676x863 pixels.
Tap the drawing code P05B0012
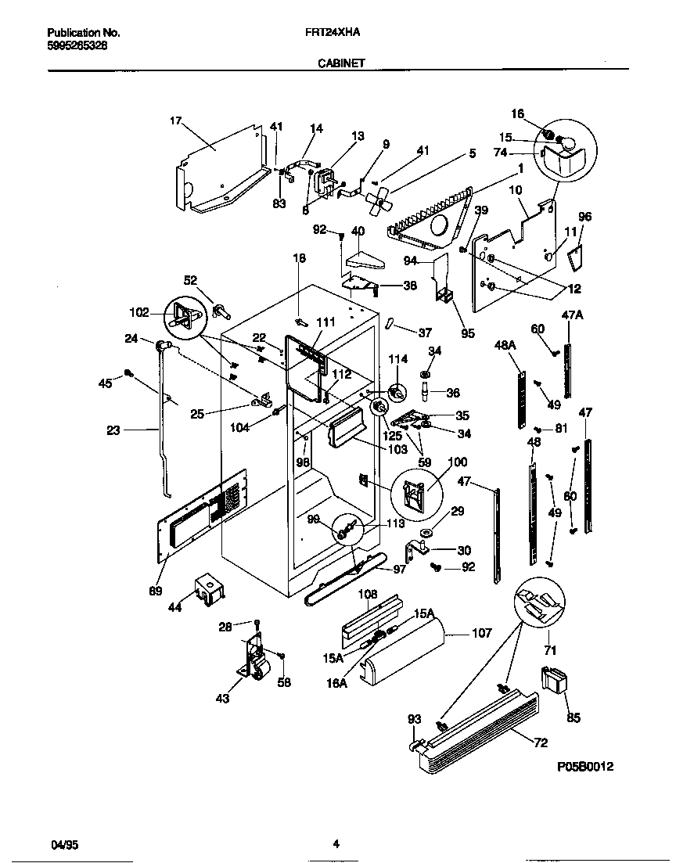[585, 768]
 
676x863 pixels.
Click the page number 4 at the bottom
[336, 843]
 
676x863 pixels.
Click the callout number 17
[175, 120]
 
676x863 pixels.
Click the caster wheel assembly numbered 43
[252, 662]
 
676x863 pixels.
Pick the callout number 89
[156, 591]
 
